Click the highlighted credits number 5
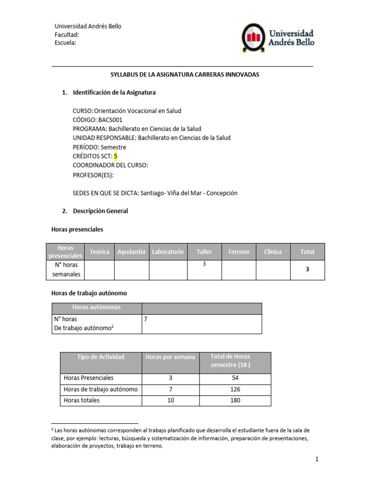pyautogui.click(x=116, y=156)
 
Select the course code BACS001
pyautogui.click(x=112, y=120)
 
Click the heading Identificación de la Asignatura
pyautogui.click(x=114, y=92)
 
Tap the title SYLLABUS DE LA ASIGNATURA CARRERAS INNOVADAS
pyautogui.click(x=185, y=75)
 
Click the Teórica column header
pyautogui.click(x=100, y=252)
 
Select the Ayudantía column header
pyautogui.click(x=132, y=252)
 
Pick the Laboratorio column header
pyautogui.click(x=168, y=252)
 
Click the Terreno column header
pyautogui.click(x=238, y=252)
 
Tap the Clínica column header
pyautogui.click(x=273, y=252)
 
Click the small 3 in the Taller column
pyautogui.click(x=204, y=264)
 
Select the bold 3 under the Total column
pyautogui.click(x=307, y=270)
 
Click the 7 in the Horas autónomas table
pyautogui.click(x=146, y=319)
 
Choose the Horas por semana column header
pyautogui.click(x=170, y=357)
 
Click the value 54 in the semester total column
pyautogui.click(x=235, y=378)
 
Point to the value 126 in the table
pyautogui.click(x=235, y=389)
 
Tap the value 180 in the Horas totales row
pyautogui.click(x=235, y=401)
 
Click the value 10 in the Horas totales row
pyautogui.click(x=171, y=401)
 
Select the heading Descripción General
pyautogui.click(x=100, y=211)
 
